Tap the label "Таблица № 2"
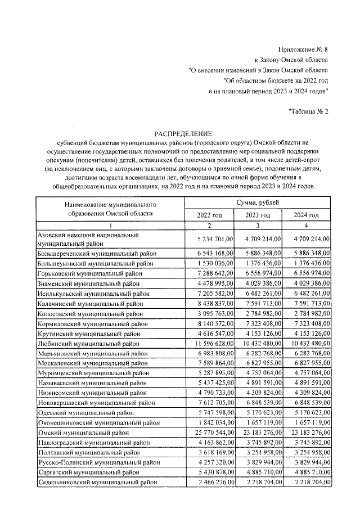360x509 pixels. [308, 111]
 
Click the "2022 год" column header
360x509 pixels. [209, 215]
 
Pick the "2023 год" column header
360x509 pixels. [258, 215]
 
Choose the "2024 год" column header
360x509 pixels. [307, 215]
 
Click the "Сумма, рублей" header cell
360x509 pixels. [258, 202]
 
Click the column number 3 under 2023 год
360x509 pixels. [258, 226]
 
